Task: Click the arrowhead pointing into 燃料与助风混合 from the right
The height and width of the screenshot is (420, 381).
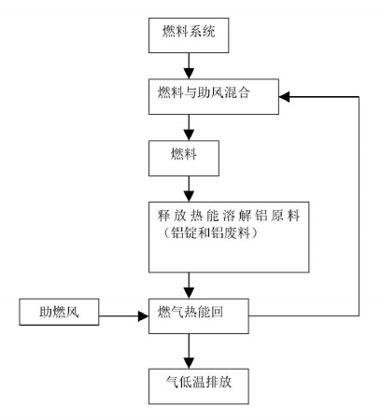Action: [284, 97]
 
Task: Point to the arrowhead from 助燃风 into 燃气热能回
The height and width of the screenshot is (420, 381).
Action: [143, 316]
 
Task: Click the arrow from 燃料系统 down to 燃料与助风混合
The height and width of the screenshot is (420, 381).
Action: [189, 65]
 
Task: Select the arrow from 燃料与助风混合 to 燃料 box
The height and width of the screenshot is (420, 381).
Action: [189, 127]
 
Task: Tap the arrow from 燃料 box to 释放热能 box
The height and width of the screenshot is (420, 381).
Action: [189, 189]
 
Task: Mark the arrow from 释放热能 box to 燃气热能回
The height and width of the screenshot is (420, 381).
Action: [189, 286]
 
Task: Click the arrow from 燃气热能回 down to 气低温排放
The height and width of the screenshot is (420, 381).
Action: [189, 351]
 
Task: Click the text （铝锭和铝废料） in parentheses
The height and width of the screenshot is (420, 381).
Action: [211, 232]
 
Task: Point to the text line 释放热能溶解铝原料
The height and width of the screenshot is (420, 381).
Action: [229, 216]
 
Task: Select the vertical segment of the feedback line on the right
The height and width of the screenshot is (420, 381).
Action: [359, 206]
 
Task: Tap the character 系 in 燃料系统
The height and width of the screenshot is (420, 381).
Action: [195, 31]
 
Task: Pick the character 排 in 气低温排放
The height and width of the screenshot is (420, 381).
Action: [212, 382]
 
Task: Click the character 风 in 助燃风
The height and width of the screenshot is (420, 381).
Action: [72, 312]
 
